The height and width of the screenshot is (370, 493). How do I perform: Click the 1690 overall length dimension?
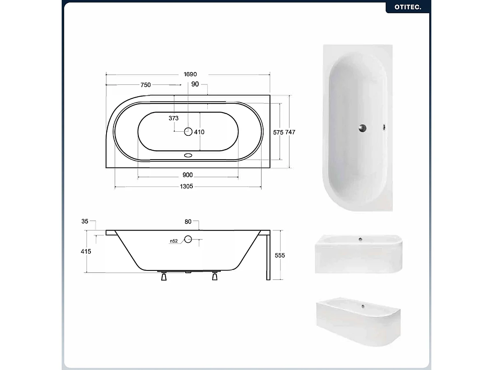190,74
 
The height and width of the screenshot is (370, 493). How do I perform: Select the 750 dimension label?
146,85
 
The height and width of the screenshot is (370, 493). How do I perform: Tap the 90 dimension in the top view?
195,84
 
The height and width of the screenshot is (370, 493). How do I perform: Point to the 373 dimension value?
174,118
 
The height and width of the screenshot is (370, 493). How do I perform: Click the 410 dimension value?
199,132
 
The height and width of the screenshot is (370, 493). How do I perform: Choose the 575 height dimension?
278,132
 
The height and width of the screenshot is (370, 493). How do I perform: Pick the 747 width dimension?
290,132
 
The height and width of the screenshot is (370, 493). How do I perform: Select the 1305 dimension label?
187,186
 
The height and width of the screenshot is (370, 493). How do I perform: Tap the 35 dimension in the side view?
85,221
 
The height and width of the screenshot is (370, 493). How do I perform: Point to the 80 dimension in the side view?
188,222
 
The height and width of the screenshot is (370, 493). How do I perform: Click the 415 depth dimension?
86,251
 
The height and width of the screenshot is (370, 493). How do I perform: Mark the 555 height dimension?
280,255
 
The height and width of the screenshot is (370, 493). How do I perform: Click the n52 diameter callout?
173,241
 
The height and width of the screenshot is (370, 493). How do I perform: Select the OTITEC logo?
408,7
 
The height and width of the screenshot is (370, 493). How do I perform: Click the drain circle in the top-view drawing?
188,132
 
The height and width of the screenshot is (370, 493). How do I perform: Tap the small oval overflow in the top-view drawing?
189,156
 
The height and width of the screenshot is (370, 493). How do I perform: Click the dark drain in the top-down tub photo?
362,128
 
